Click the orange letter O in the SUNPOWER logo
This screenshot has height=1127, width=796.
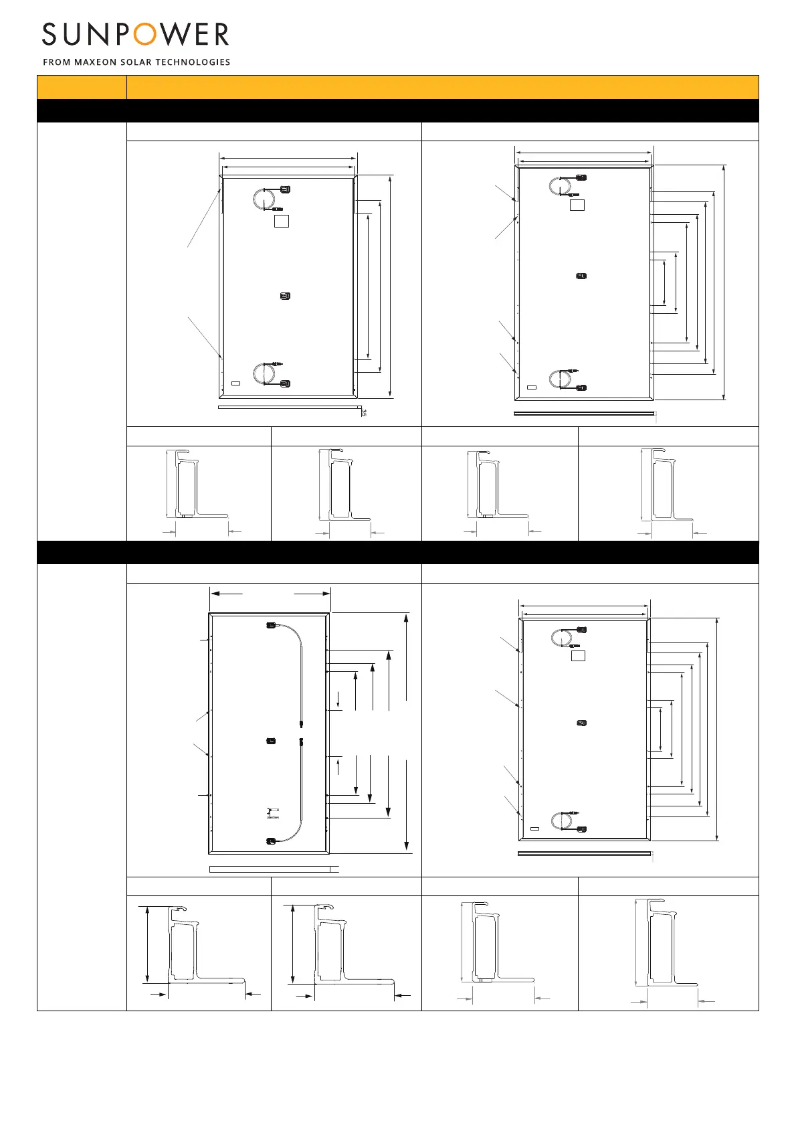click(144, 34)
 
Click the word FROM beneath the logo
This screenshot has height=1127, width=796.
click(57, 62)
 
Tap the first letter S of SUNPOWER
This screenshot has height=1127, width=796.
click(49, 34)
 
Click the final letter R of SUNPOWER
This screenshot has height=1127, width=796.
click(219, 34)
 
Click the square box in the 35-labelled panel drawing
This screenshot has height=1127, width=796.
click(282, 221)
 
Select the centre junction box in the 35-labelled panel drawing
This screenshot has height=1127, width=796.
click(285, 296)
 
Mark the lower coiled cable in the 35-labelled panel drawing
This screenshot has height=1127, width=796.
click(262, 373)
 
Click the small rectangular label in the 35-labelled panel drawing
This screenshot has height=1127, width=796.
click(235, 383)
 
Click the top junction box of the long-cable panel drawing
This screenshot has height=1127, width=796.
click(271, 626)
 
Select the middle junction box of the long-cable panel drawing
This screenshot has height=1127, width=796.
click(271, 740)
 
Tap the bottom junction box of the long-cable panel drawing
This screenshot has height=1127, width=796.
click(271, 841)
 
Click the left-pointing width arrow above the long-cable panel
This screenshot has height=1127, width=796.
click(225, 592)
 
